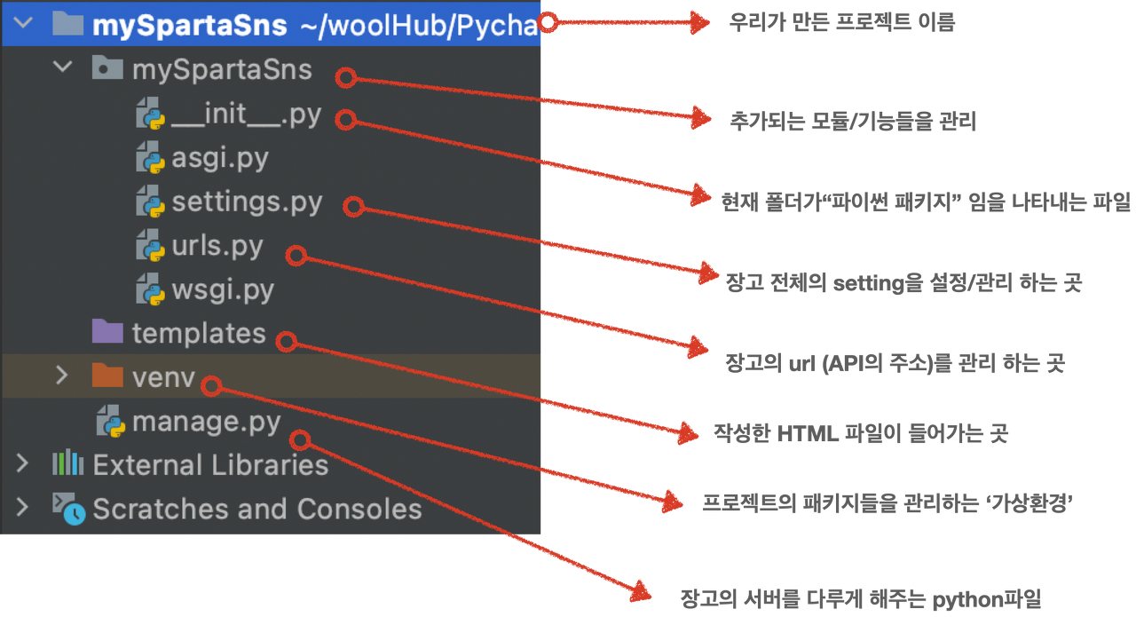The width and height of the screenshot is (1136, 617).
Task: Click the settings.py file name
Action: [x=247, y=202]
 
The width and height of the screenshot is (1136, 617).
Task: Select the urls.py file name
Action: [x=217, y=246]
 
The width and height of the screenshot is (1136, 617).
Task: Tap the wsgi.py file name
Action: [x=223, y=289]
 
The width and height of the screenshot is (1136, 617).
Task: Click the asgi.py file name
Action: [x=220, y=159]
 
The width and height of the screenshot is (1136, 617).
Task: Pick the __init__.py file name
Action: [x=246, y=115]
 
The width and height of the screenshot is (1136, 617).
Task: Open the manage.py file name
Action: [x=206, y=422]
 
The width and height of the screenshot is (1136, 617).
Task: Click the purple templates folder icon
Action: [x=107, y=333]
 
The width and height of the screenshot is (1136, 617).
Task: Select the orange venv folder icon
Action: [x=107, y=376]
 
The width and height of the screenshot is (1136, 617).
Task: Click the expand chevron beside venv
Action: [x=61, y=376]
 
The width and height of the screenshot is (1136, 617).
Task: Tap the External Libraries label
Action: [x=210, y=464]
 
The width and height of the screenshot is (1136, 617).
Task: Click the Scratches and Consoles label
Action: [x=257, y=509]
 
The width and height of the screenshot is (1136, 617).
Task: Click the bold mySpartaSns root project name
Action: [x=189, y=25]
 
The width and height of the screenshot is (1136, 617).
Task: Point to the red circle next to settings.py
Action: [x=354, y=206]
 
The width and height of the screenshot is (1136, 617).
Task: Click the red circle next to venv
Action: [x=211, y=385]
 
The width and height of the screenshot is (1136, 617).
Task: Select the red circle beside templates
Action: [x=286, y=340]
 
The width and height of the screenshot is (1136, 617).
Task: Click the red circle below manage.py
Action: [x=302, y=439]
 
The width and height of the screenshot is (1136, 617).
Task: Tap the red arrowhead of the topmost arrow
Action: [x=702, y=22]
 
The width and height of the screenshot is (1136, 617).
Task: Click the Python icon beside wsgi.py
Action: [x=149, y=289]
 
